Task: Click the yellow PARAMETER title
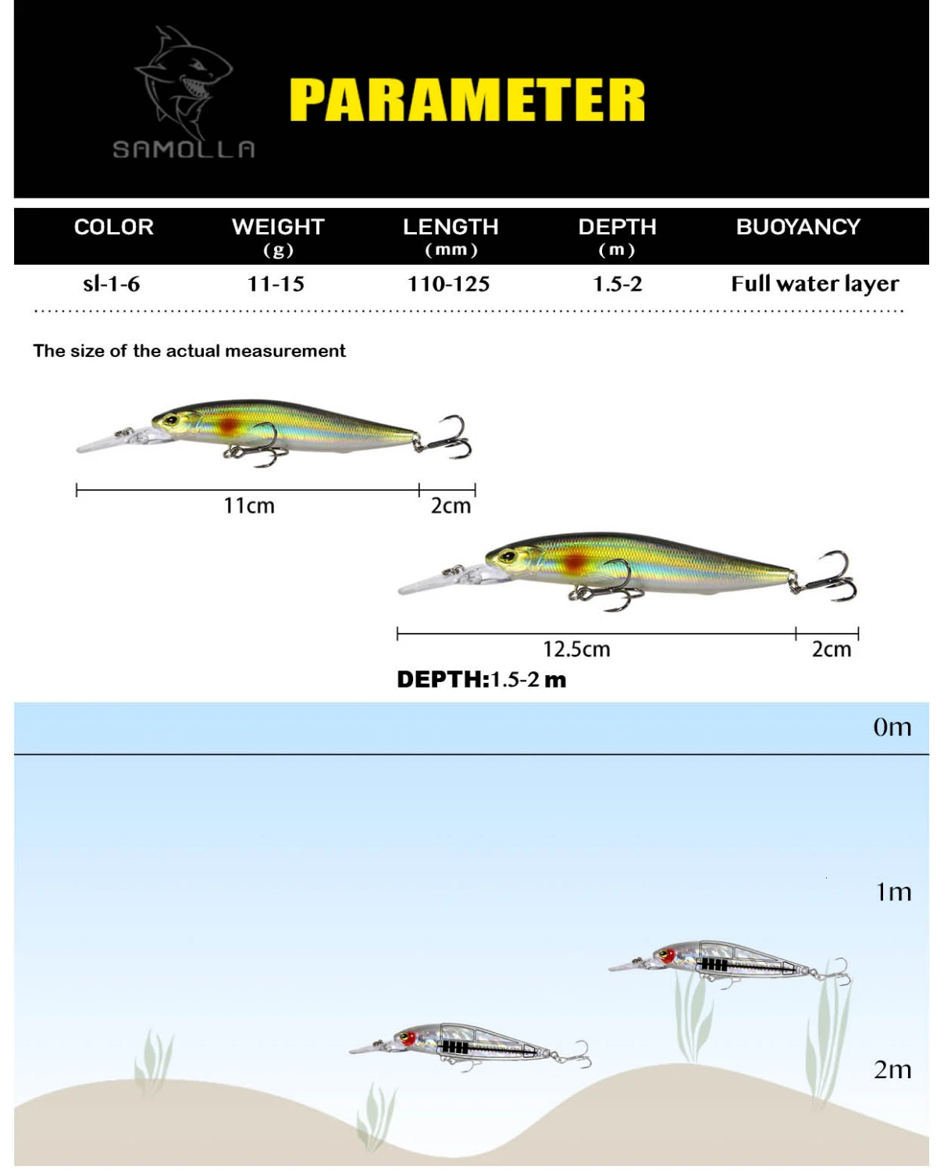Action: point(467,99)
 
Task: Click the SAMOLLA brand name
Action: point(184,148)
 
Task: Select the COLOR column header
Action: point(114,227)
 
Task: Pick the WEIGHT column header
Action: point(278,227)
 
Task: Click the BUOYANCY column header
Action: point(798,227)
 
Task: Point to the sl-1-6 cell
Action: point(112,284)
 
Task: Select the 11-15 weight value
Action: point(276,284)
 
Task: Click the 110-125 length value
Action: point(449,284)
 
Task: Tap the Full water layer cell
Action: point(815,284)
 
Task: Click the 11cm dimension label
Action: point(249,506)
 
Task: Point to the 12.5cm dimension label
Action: point(576,649)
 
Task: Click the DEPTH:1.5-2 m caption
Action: point(481,679)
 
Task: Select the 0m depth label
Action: point(892,727)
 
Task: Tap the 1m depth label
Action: point(893,892)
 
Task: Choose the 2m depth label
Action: point(892,1070)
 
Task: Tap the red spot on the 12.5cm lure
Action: point(576,562)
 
